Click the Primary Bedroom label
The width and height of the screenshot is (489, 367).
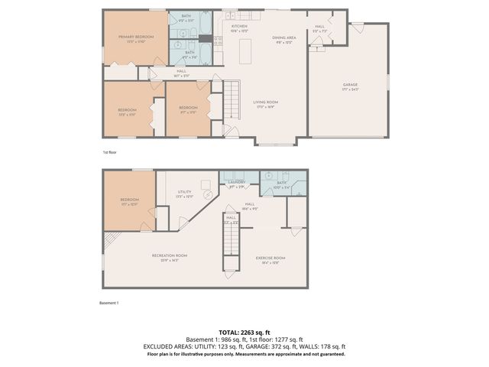click(135, 37)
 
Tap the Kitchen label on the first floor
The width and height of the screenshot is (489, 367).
click(240, 28)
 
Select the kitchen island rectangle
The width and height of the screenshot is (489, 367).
click(247, 51)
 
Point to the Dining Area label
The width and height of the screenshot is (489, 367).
click(283, 38)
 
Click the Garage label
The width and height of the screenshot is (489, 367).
click(350, 86)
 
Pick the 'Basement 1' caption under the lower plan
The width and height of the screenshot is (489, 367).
click(110, 303)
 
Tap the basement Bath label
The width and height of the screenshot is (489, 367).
click(281, 183)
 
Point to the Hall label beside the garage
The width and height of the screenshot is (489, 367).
click(320, 27)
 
